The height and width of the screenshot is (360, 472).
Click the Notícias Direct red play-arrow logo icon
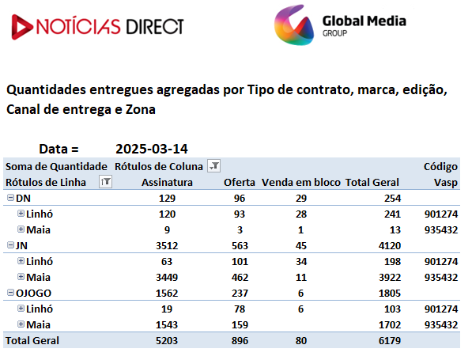pyautogui.click(x=21, y=27)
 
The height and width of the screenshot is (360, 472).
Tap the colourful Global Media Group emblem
pyautogui.click(x=294, y=25)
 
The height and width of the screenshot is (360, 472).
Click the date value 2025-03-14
pyautogui.click(x=152, y=149)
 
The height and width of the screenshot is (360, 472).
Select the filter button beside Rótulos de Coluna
pyautogui.click(x=213, y=166)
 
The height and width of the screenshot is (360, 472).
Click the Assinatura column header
pyautogui.click(x=167, y=182)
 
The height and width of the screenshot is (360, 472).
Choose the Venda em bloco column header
pyautogui.click(x=300, y=182)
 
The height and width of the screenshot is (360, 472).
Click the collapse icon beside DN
pyautogui.click(x=10, y=198)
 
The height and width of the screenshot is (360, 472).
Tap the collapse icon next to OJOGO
pyautogui.click(x=10, y=293)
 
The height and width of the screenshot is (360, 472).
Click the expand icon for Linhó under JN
pyautogui.click(x=21, y=261)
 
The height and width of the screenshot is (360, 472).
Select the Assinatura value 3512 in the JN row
pyautogui.click(x=167, y=245)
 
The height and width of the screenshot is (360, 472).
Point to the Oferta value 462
pyautogui.click(x=240, y=277)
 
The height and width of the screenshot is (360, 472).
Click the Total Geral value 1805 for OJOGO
pyautogui.click(x=390, y=293)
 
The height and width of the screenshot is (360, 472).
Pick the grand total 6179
pyautogui.click(x=390, y=340)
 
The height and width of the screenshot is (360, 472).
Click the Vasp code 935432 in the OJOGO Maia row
pyautogui.click(x=441, y=324)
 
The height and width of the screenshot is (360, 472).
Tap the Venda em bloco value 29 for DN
pyautogui.click(x=301, y=199)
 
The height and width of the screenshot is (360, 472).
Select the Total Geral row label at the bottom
pyautogui.click(x=32, y=340)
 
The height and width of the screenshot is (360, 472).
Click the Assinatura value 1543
pyautogui.click(x=167, y=324)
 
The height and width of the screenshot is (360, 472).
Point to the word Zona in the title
pyautogui.click(x=140, y=109)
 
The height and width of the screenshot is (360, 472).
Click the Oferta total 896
pyautogui.click(x=240, y=340)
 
